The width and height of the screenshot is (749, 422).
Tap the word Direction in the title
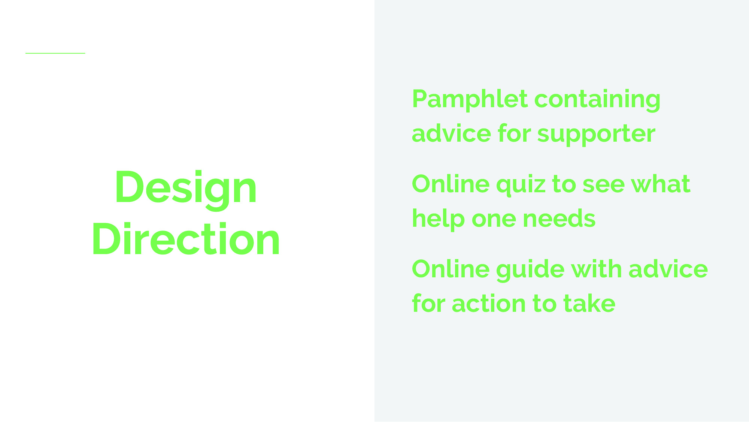(186, 239)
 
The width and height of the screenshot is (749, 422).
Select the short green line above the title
(55, 53)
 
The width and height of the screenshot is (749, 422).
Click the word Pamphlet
(470, 99)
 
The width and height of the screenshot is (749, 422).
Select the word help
(438, 219)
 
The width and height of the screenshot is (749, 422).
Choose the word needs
(559, 219)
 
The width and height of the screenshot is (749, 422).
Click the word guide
(530, 270)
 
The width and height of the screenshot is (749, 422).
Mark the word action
(489, 304)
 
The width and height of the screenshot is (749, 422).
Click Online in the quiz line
(451, 184)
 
